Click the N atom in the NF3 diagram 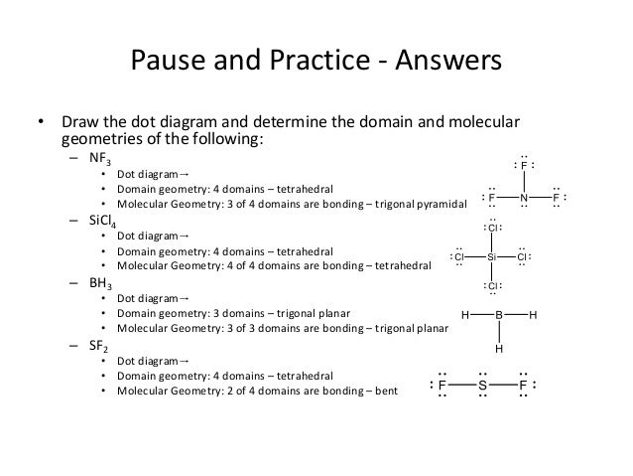[523, 197]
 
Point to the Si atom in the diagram [492, 258]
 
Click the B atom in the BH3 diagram [499, 315]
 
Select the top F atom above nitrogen [523, 166]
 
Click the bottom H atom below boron [499, 349]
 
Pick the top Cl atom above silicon [492, 229]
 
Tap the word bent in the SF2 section [385, 391]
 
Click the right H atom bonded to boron [533, 315]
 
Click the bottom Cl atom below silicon [492, 287]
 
